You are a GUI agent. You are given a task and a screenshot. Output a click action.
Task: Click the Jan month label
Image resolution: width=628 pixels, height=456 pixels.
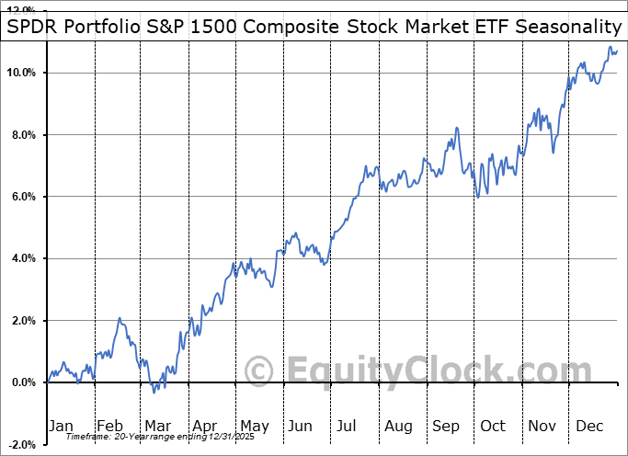click(x=61, y=426)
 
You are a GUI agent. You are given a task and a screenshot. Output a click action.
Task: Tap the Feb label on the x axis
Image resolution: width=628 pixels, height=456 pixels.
click(x=110, y=426)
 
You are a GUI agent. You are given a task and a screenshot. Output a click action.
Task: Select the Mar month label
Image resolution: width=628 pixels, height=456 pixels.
click(x=158, y=426)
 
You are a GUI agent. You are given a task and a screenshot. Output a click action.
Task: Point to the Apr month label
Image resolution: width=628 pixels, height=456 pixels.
click(x=206, y=426)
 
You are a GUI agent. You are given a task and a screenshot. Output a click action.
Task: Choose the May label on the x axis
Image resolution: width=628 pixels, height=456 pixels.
click(x=254, y=426)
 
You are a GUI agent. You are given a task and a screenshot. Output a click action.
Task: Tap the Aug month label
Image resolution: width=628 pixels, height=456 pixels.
click(x=398, y=426)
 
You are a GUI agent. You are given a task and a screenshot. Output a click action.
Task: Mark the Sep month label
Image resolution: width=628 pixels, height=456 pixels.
click(x=446, y=426)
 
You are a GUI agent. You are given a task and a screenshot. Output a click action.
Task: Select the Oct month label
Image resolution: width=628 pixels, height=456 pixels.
click(x=494, y=426)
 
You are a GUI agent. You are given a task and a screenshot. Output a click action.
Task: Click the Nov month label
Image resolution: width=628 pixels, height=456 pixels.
click(x=542, y=426)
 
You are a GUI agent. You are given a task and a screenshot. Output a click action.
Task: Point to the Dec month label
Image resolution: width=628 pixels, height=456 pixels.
click(x=589, y=426)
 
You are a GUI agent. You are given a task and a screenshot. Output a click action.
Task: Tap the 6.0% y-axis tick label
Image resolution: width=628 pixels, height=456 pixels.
click(x=22, y=197)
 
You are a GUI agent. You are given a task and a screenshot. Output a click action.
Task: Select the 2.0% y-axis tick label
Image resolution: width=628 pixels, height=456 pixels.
click(x=22, y=321)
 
